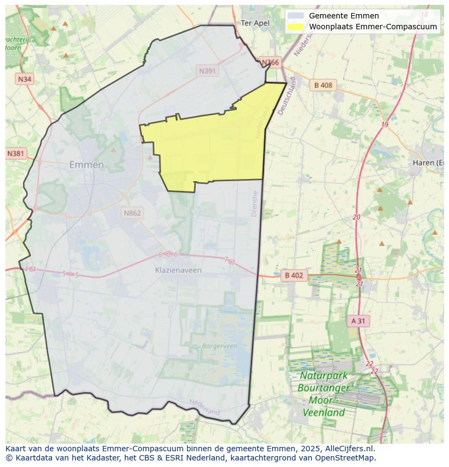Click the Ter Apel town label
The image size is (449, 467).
click(254, 23)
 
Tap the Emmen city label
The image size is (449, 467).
click(86, 165)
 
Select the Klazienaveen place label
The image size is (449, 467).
click(178, 270)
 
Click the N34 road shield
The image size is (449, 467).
click(24, 79)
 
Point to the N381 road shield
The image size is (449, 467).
click(16, 153)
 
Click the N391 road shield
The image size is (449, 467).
click(208, 71)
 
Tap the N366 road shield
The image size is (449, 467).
click(270, 63)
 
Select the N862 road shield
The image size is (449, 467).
click(132, 213)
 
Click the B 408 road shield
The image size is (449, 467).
click(323, 85)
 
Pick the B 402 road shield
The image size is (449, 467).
click(294, 276)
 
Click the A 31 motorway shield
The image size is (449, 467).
click(358, 321)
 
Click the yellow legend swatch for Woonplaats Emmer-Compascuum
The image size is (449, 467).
click(296, 27)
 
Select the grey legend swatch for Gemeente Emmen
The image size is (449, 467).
click(296, 16)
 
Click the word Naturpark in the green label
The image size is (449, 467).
click(324, 376)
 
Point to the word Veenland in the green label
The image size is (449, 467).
click(323, 413)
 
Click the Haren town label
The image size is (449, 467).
click(427, 163)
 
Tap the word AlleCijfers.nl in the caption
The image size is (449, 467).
click(349, 449)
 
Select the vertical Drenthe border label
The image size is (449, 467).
click(255, 203)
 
